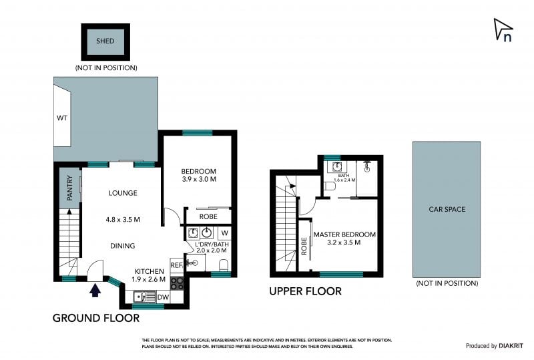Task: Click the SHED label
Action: click(x=105, y=41)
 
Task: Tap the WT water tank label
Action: click(x=63, y=118)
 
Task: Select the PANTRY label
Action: click(x=69, y=188)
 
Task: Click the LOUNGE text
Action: click(x=123, y=193)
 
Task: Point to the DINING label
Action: click(x=123, y=246)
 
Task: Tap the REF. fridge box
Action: click(x=176, y=265)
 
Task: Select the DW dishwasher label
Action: click(x=163, y=297)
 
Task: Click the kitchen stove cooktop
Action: click(x=177, y=283)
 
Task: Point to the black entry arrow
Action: click(x=95, y=289)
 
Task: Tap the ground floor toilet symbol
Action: click(x=224, y=267)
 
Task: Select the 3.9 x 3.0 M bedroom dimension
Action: click(x=199, y=179)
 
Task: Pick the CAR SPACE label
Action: click(x=447, y=209)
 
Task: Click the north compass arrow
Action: click(x=503, y=29)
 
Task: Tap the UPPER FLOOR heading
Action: click(x=305, y=291)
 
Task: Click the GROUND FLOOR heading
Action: click(x=96, y=318)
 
